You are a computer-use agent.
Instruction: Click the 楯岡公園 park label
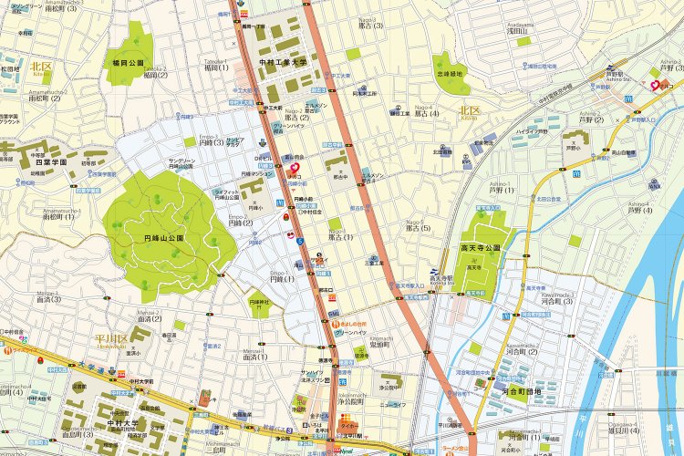[129, 64]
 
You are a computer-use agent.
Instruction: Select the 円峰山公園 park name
[164, 237]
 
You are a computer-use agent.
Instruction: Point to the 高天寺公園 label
[481, 247]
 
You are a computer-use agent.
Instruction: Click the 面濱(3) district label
[48, 299]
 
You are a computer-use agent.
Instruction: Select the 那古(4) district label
[427, 113]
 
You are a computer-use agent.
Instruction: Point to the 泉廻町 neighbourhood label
[380, 347]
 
